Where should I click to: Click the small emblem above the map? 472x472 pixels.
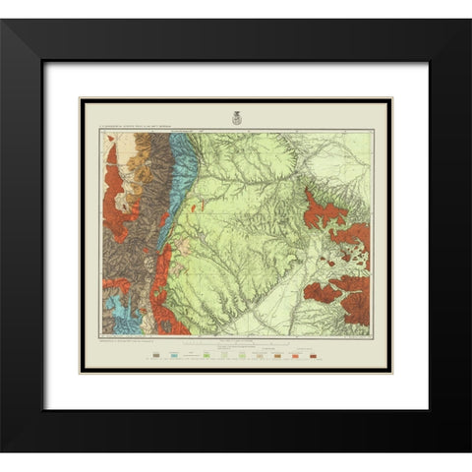click(x=236, y=117)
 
